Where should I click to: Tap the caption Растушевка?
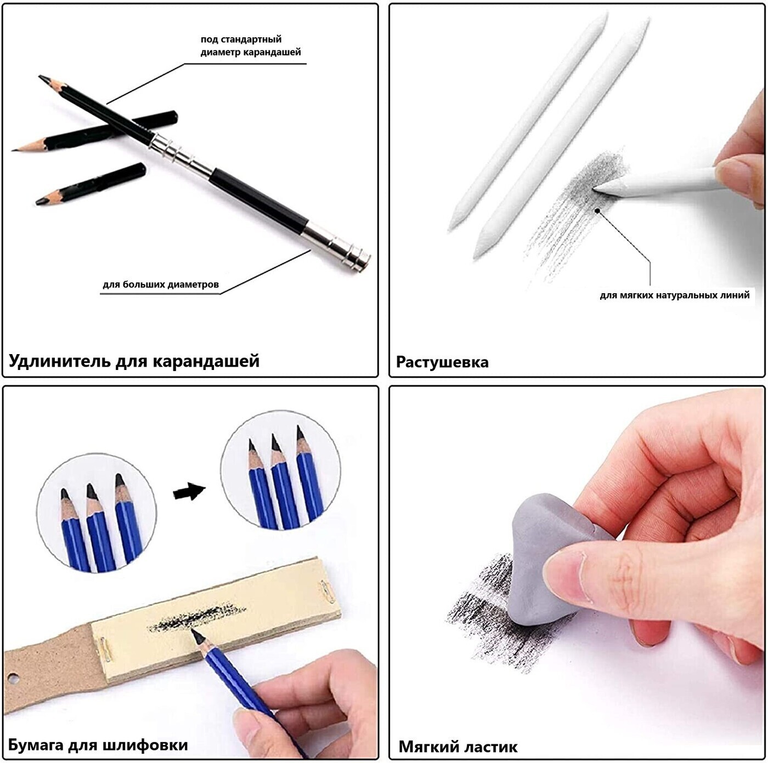coord(442,362)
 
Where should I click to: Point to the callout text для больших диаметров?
coord(161,284)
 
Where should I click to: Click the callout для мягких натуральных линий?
coord(674,295)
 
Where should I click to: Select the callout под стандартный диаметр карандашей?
coord(250,45)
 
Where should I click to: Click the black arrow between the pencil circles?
coord(189,492)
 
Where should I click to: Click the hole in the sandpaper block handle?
coord(13,678)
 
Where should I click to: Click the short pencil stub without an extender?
coord(91,183)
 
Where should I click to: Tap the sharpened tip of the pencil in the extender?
coord(41,76)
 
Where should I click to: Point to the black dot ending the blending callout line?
coord(597,210)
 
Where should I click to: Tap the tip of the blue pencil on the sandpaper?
coord(193,630)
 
